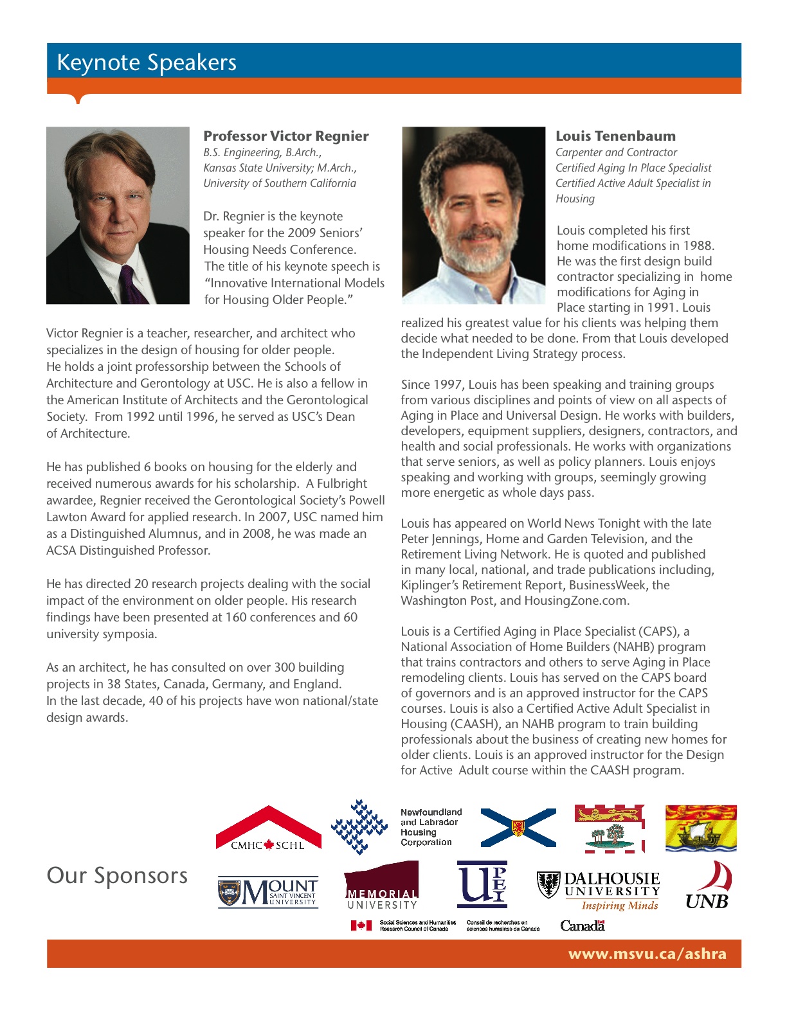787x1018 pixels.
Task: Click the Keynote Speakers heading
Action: point(147,63)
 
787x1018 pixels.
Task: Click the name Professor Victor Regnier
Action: point(286,136)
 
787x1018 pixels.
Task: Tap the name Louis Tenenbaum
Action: point(615,136)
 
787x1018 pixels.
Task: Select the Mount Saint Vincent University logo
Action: point(268,893)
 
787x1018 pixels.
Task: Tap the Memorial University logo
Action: point(382,887)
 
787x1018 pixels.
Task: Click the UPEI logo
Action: point(482,884)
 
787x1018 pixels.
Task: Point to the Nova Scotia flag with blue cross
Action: point(518,828)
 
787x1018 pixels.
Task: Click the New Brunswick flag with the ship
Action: point(701,828)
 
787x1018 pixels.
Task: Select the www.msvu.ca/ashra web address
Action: point(647,954)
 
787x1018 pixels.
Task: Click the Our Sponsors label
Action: point(117,876)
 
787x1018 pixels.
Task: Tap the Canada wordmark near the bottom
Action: point(582,926)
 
